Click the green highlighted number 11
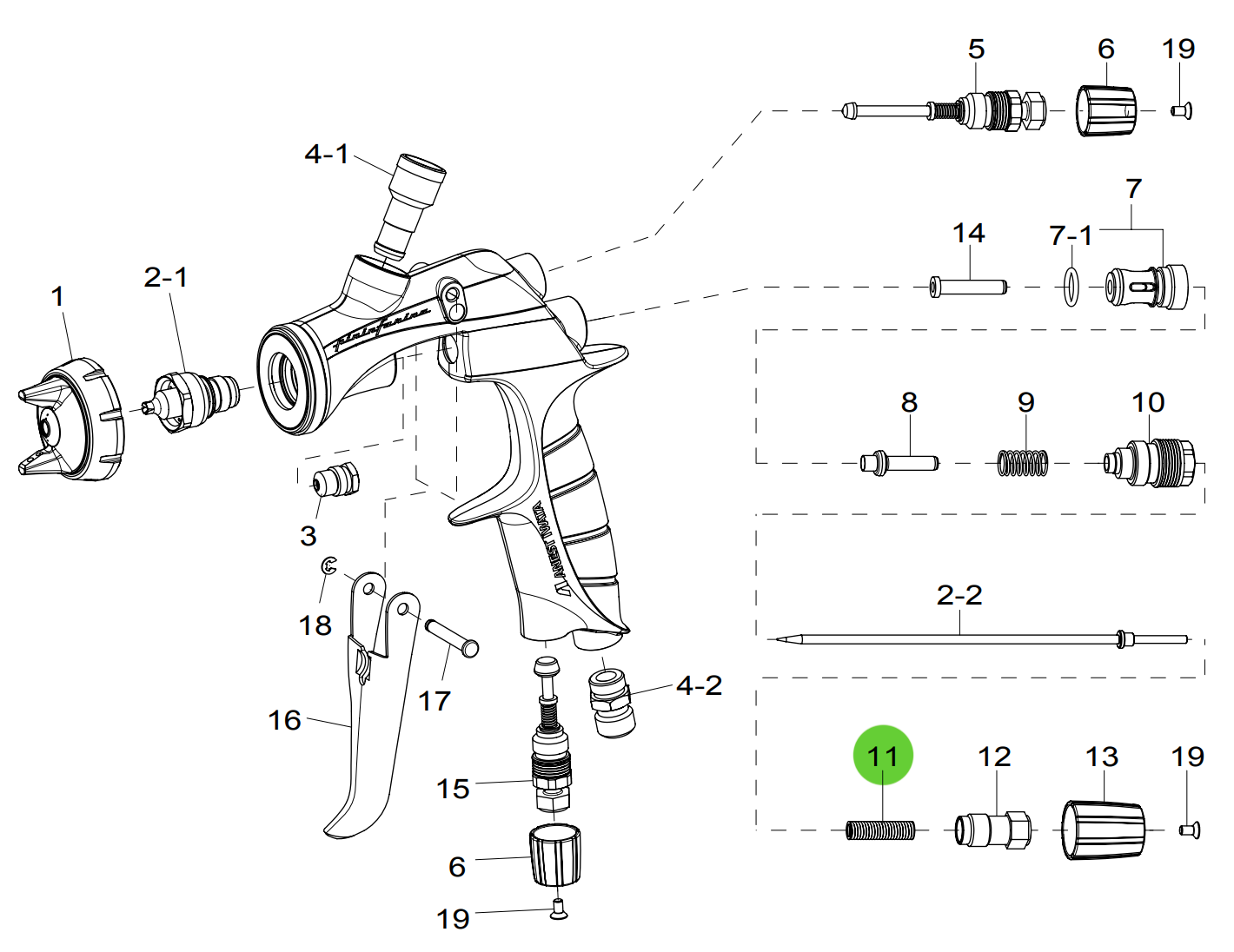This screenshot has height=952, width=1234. coord(883,755)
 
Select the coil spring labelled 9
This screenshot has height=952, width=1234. coord(1023,462)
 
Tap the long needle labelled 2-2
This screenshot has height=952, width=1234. coord(956,640)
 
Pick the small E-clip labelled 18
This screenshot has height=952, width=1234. coord(328,566)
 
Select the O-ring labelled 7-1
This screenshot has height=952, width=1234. coord(1071,286)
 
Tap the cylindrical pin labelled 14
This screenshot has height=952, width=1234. coord(968,286)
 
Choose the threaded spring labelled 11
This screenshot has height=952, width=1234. coord(880,831)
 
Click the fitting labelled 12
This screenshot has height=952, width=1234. coord(992,830)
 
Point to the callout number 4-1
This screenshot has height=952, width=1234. coord(326,155)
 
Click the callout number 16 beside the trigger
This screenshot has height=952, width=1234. coord(284,720)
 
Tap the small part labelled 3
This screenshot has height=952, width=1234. coord(335,480)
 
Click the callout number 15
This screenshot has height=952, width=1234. coord(453,789)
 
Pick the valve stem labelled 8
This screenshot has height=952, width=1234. coord(899,462)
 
